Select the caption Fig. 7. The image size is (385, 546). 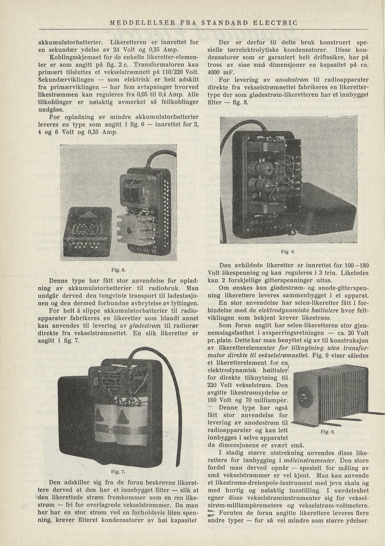(118, 472)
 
